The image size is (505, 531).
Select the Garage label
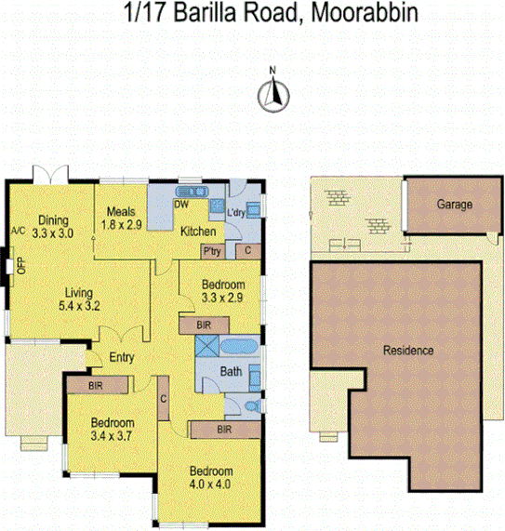tap(455, 205)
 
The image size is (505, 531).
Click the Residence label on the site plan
tap(408, 351)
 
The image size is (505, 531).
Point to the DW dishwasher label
tap(181, 204)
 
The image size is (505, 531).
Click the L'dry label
tap(236, 213)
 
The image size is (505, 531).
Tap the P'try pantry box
tap(212, 251)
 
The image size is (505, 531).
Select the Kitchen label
tap(198, 232)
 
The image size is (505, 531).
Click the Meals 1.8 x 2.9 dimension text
tap(123, 225)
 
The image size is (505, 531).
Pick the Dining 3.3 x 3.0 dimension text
tap(52, 234)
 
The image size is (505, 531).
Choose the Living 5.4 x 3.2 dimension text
tap(78, 305)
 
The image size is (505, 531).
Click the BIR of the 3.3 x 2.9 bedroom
tap(199, 325)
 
